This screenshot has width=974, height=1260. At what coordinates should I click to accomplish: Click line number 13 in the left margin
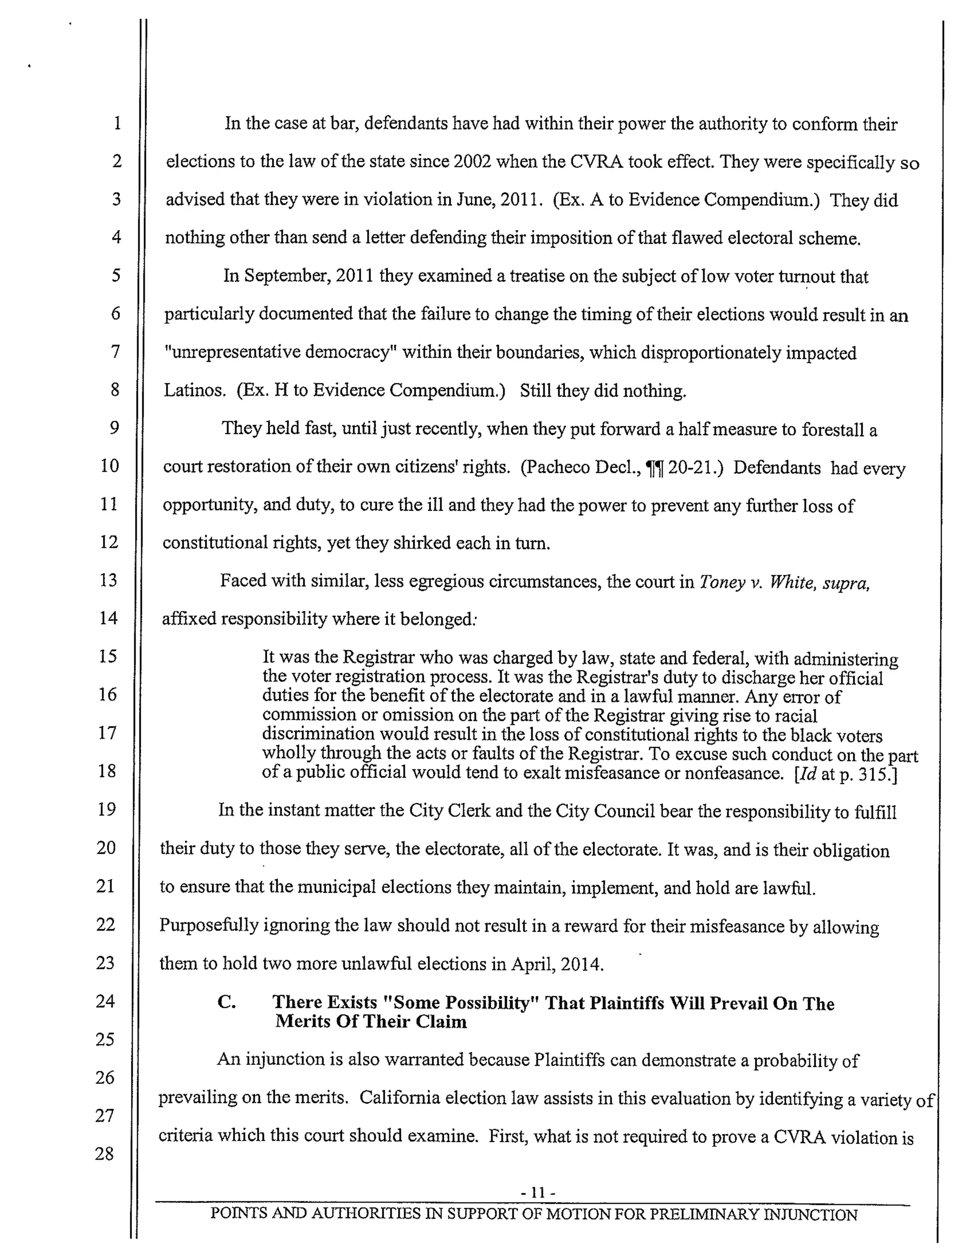pyautogui.click(x=108, y=579)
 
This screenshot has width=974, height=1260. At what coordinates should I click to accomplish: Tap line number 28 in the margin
pyautogui.click(x=105, y=1153)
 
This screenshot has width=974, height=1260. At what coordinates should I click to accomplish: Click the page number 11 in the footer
pyautogui.click(x=538, y=1192)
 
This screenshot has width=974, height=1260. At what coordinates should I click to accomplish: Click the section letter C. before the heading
pyautogui.click(x=227, y=1002)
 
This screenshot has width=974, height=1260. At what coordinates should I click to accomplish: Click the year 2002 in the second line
pyautogui.click(x=472, y=162)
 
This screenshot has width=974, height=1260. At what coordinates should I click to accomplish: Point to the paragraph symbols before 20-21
pyautogui.click(x=654, y=468)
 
